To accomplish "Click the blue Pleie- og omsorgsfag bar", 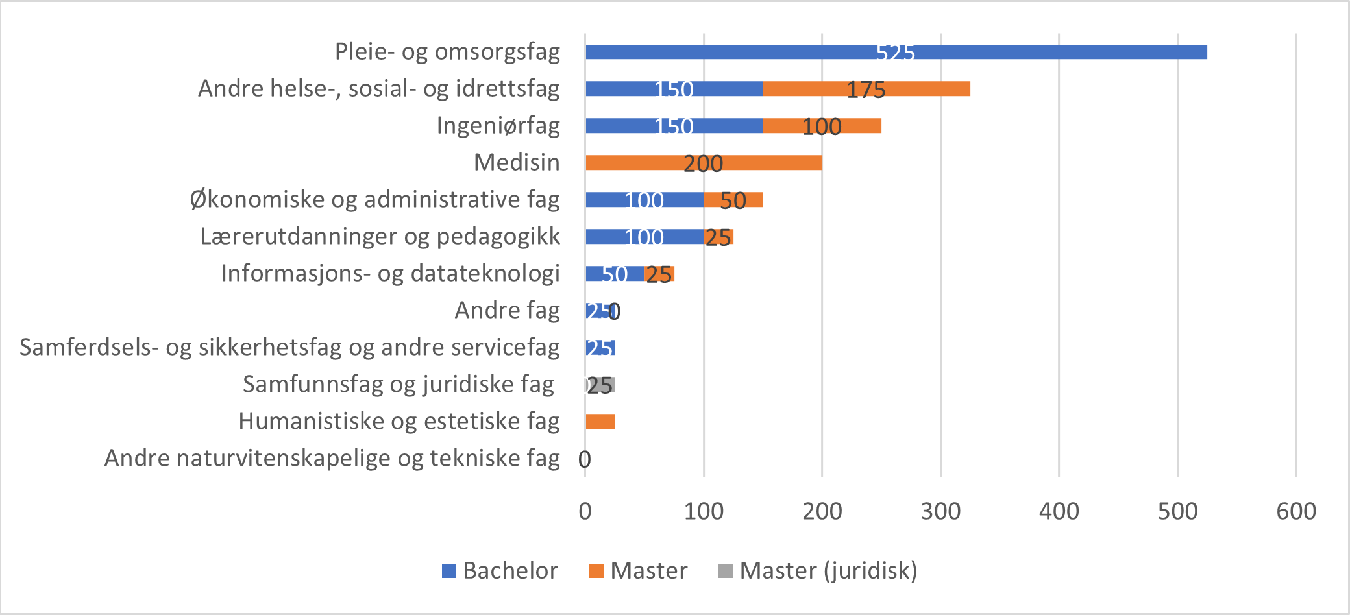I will (779, 53).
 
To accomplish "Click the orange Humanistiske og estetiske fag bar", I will (600, 422).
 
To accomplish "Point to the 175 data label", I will (866, 90).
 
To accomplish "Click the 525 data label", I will (896, 53).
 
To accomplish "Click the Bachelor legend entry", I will (500, 571).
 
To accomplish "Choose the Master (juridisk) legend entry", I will (818, 571).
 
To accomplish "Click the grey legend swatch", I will (726, 571).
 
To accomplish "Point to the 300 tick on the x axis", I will (940, 511).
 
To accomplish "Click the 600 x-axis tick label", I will (1295, 511).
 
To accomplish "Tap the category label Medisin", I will (517, 162).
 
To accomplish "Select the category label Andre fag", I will (507, 310).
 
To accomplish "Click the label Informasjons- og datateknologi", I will (390, 273).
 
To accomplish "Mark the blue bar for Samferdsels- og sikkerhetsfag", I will (600, 348).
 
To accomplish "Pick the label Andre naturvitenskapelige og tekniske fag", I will (332, 458).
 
